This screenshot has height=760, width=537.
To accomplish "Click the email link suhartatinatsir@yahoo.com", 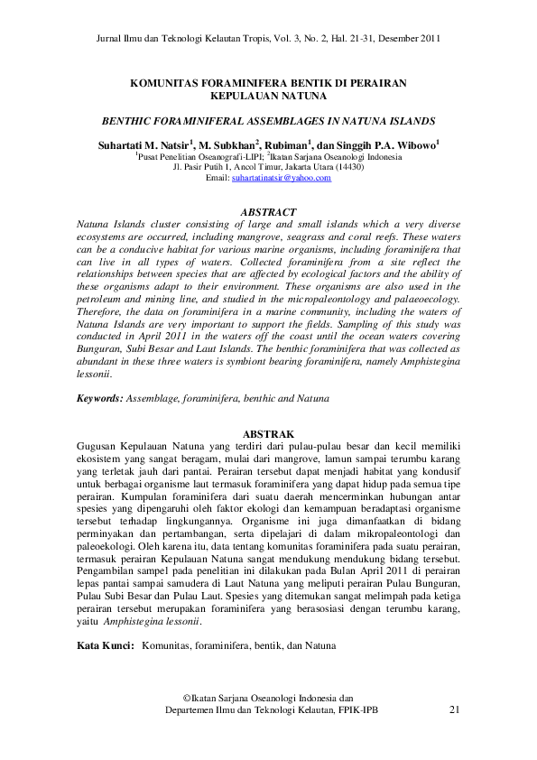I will pos(281,179).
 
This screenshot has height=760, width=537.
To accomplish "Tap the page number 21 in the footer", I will pos(453,710).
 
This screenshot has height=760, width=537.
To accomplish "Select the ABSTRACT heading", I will pos(268,210).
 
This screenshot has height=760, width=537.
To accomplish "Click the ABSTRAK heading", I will pos(268,434).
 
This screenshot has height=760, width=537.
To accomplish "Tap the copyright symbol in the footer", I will pos(187,698).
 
